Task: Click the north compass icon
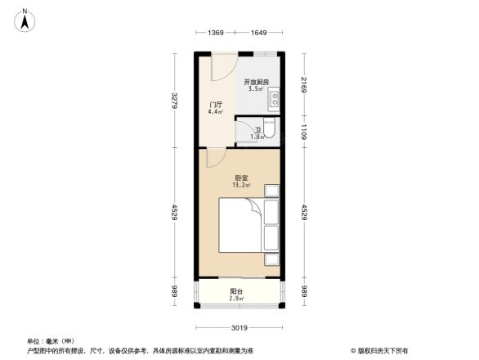[x=26, y=19]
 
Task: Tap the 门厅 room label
[x=216, y=105]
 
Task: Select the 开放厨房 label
[x=257, y=82]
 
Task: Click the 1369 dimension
[x=216, y=33]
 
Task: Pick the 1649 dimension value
[x=259, y=33]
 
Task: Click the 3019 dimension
[x=238, y=327]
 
